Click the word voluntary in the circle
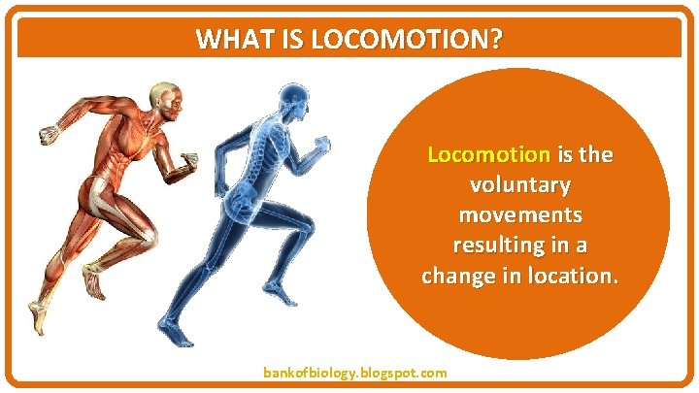[519, 184]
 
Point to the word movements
[519, 214]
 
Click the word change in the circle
[456, 276]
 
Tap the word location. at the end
[568, 276]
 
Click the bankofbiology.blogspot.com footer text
[355, 373]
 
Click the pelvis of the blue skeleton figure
[243, 202]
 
